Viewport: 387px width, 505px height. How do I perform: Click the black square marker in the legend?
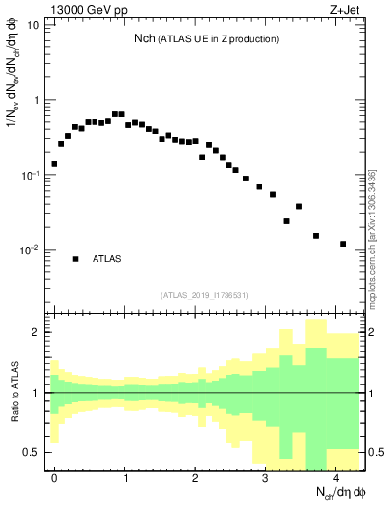[75, 259]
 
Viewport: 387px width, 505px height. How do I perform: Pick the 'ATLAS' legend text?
[107, 259]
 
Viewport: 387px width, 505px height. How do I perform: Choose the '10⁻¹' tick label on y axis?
[30, 175]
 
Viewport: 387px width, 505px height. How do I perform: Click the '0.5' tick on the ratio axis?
[31, 452]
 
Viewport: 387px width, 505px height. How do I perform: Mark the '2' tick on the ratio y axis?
[35, 332]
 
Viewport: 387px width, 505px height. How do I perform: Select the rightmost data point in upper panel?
[343, 244]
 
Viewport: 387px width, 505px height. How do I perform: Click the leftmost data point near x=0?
[54, 164]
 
